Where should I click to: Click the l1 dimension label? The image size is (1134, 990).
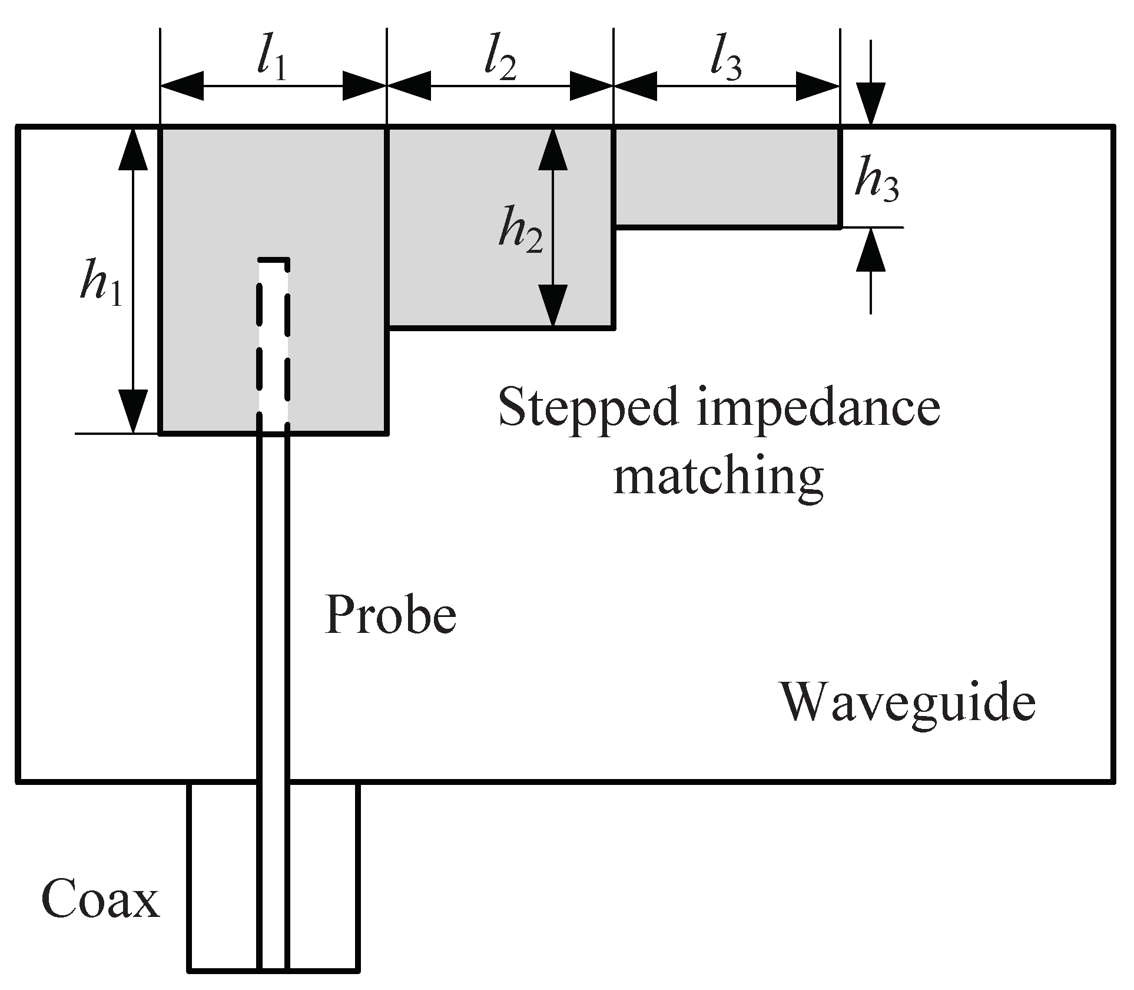(x=272, y=60)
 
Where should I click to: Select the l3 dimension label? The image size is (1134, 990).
(x=725, y=60)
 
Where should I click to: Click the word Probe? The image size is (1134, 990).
(x=390, y=616)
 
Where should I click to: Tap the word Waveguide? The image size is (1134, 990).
(x=907, y=702)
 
